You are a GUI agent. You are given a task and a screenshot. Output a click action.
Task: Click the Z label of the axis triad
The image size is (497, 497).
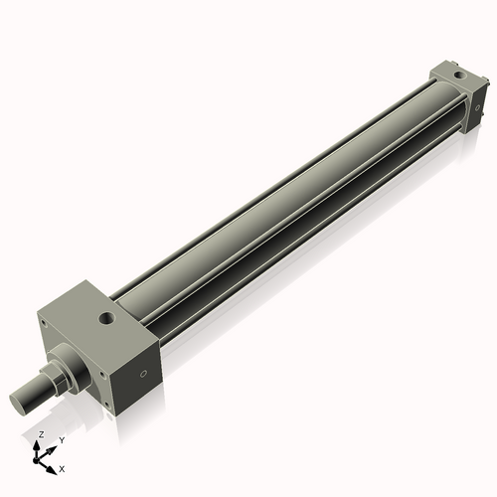pos(40,434)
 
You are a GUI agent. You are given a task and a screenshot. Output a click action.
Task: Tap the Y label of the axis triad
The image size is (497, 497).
pos(62,439)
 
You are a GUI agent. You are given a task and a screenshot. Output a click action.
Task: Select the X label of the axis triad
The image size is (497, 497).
pos(63,467)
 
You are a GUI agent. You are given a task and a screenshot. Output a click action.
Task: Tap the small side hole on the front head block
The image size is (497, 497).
pos(144,375)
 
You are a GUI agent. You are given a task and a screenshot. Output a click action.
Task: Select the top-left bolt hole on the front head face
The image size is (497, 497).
pos(44,319)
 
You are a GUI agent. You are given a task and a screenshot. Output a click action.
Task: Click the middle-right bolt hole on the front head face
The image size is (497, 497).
pos(102,375)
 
